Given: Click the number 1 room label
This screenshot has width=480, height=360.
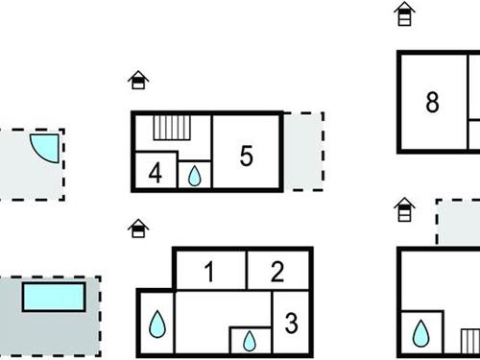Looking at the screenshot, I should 209,272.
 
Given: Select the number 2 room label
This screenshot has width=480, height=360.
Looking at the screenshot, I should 277,272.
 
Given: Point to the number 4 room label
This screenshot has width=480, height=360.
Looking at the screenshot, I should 156,174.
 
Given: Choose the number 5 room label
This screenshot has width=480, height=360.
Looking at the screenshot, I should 246,156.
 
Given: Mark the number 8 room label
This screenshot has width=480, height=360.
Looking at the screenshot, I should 432,103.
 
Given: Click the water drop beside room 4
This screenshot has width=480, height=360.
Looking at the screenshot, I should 194,176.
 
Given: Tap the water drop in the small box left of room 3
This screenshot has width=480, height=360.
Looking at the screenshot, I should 250,341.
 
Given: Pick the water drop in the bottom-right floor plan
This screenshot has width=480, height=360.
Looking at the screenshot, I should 420,334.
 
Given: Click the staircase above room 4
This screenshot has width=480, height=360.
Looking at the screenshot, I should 174,129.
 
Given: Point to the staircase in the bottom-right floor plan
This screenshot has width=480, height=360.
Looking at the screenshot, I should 469,343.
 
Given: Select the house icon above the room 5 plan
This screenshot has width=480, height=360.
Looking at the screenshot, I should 138,80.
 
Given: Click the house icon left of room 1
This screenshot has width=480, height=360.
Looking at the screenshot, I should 138,228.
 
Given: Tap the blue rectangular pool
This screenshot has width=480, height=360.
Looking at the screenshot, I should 53,296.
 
